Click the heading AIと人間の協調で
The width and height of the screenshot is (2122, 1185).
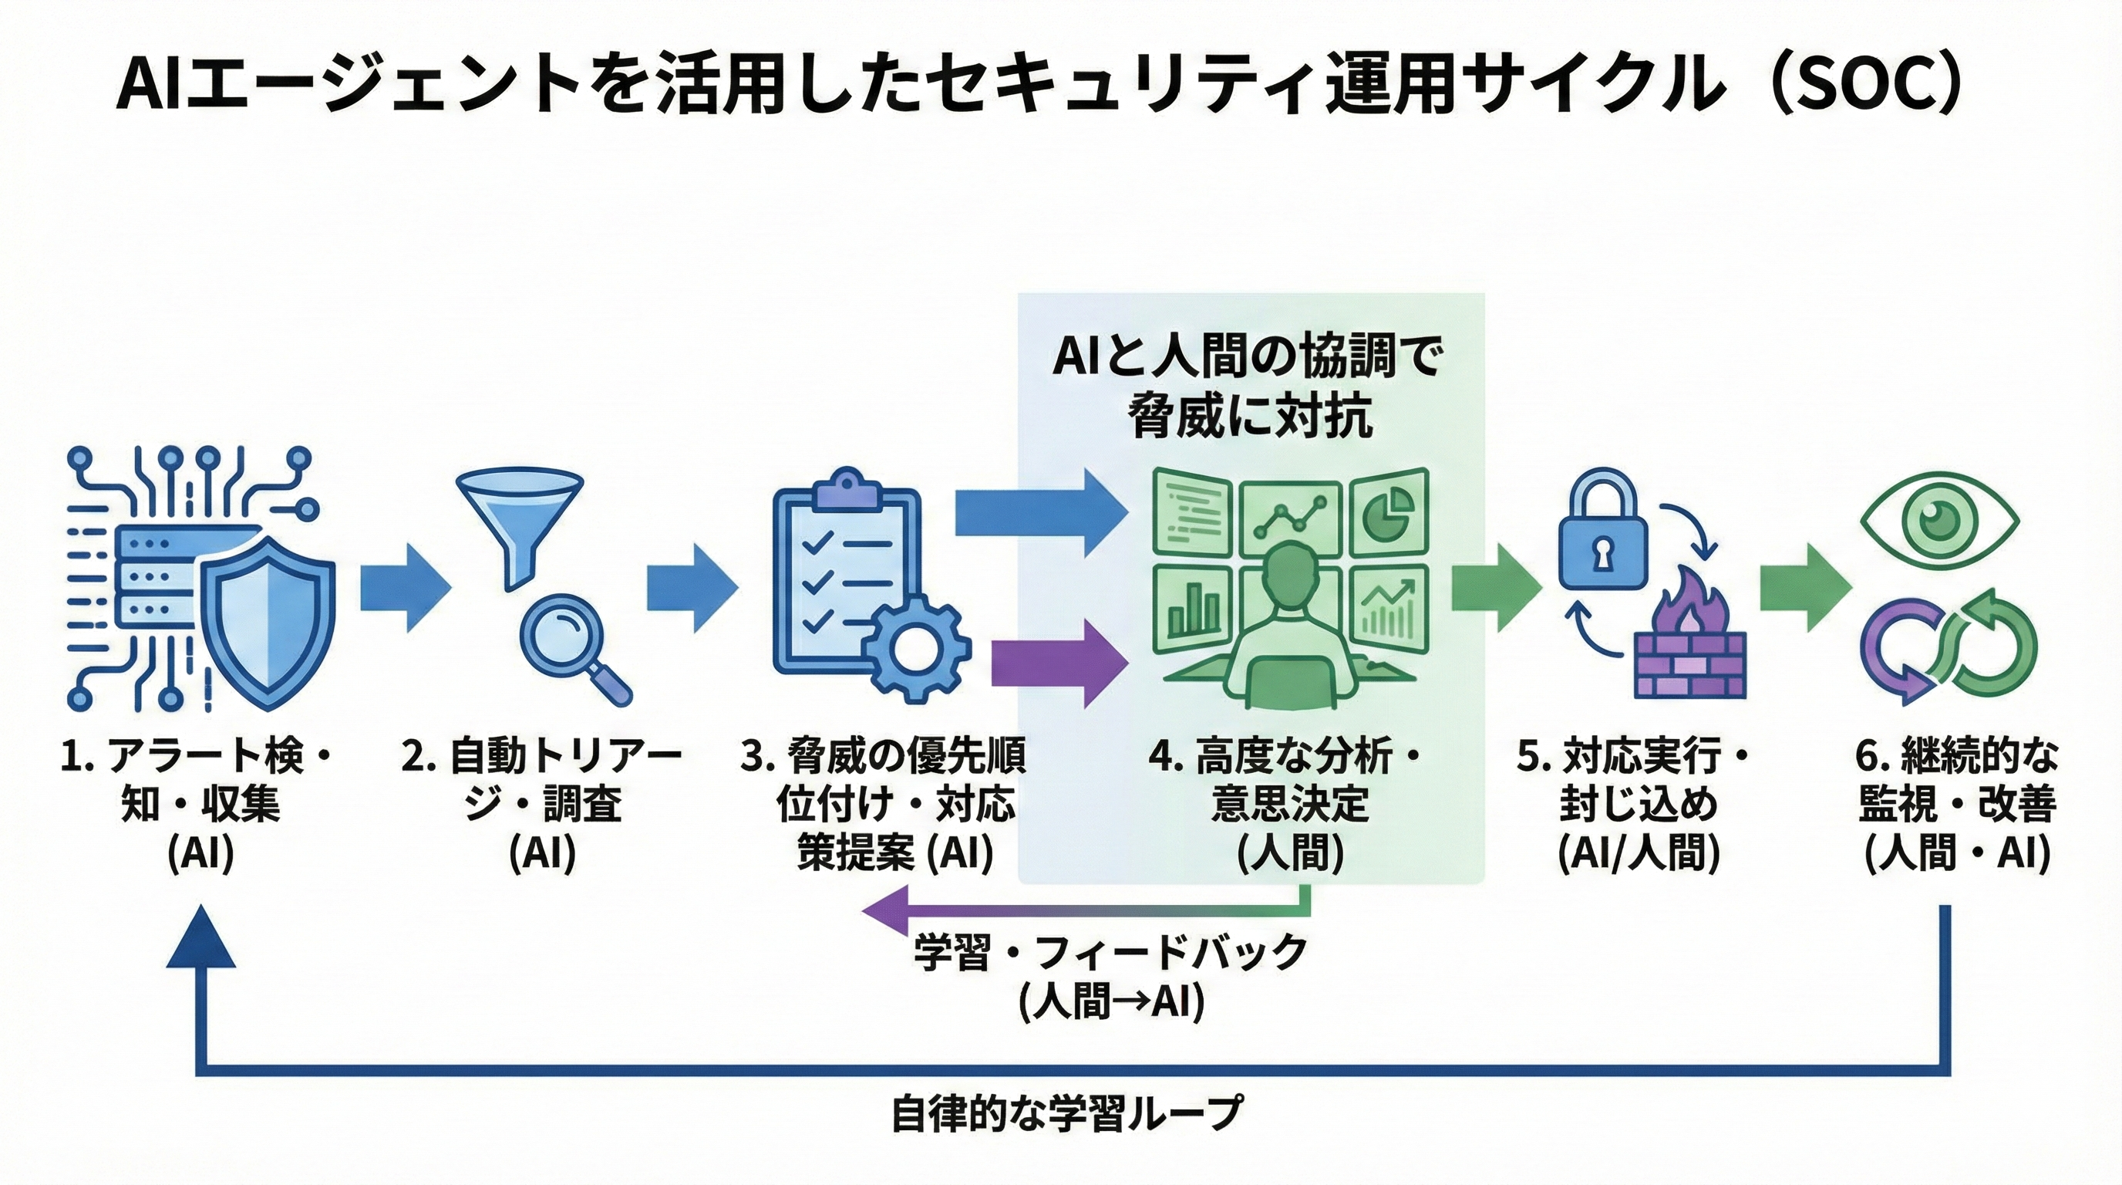pyautogui.click(x=1248, y=359)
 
